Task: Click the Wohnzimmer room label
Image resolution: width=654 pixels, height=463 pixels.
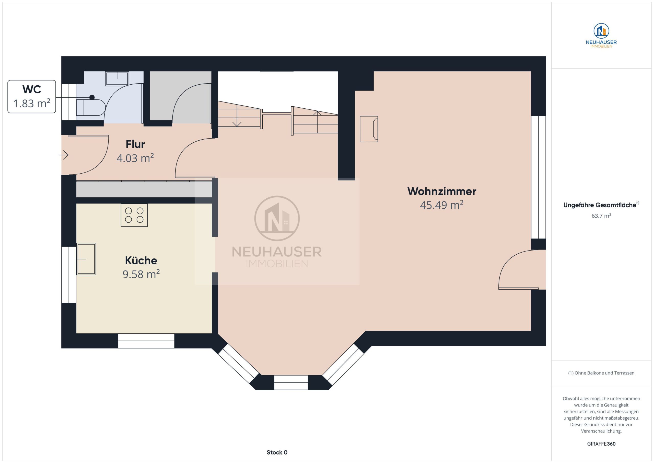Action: pos(441,191)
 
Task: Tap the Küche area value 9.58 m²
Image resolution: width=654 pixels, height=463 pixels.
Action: pos(141,274)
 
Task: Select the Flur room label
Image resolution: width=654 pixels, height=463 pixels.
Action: pos(135,144)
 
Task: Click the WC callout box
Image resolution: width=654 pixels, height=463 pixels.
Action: pos(32,97)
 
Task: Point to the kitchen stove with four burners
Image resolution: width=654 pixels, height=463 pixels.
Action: pos(134,215)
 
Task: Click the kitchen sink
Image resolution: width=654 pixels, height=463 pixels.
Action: pos(86,259)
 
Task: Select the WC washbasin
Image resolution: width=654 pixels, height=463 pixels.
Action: pos(117,78)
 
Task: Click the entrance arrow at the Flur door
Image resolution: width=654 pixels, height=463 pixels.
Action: pos(64,155)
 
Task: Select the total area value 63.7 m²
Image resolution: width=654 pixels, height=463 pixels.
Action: pos(601,216)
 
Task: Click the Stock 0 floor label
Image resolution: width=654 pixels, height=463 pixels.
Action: pos(277,452)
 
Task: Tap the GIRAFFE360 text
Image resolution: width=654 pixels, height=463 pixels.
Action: pos(601,444)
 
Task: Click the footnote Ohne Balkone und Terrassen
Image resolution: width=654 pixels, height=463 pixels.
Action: pos(601,373)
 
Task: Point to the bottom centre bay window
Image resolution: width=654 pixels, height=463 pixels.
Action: pos(291,382)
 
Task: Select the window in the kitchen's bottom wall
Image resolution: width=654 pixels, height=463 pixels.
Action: pos(146,341)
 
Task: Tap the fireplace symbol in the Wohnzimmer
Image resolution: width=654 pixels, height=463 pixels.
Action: pos(369,129)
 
